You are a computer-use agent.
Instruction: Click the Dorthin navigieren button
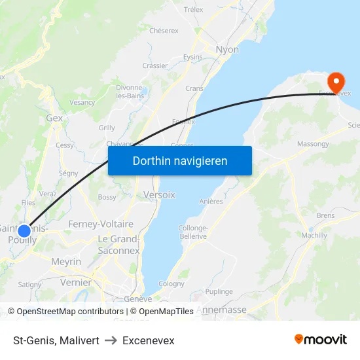click(180, 160)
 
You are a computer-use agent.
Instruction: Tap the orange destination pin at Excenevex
click(336, 83)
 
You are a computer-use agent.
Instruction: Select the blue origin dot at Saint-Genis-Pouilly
click(24, 231)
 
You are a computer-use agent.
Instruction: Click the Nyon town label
click(227, 50)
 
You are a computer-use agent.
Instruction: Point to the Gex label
click(54, 118)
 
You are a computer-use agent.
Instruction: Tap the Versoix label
click(159, 195)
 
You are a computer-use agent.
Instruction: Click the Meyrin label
click(66, 262)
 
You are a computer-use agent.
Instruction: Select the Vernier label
click(75, 282)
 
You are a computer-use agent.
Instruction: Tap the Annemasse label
click(221, 310)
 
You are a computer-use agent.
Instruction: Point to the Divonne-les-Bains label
click(130, 92)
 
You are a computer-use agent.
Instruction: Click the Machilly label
click(314, 235)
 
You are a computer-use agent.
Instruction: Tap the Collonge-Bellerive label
click(192, 232)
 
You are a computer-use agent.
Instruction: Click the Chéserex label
click(164, 30)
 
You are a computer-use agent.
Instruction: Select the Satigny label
click(29, 284)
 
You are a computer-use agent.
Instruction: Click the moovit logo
click(321, 340)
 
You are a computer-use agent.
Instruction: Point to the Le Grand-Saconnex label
click(118, 244)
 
